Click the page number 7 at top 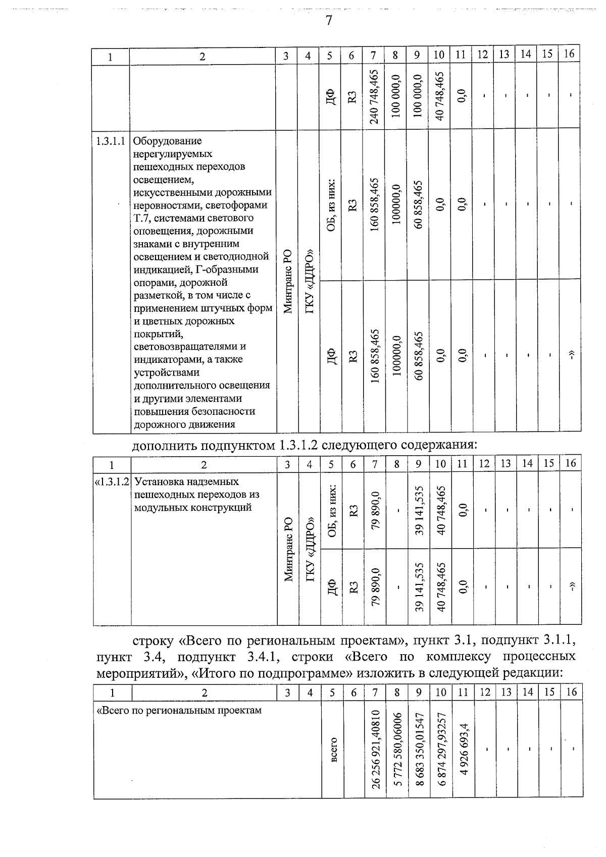pos(329,21)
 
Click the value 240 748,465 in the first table pos(374,96)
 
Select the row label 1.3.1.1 pos(111,141)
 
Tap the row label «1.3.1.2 pos(113,481)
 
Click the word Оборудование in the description pos(167,141)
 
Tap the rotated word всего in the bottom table pos(333,749)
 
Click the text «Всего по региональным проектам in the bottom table pos(179,710)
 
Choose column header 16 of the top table pos(569,55)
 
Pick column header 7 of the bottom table pos(375,692)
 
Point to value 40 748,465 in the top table pos(439,96)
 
